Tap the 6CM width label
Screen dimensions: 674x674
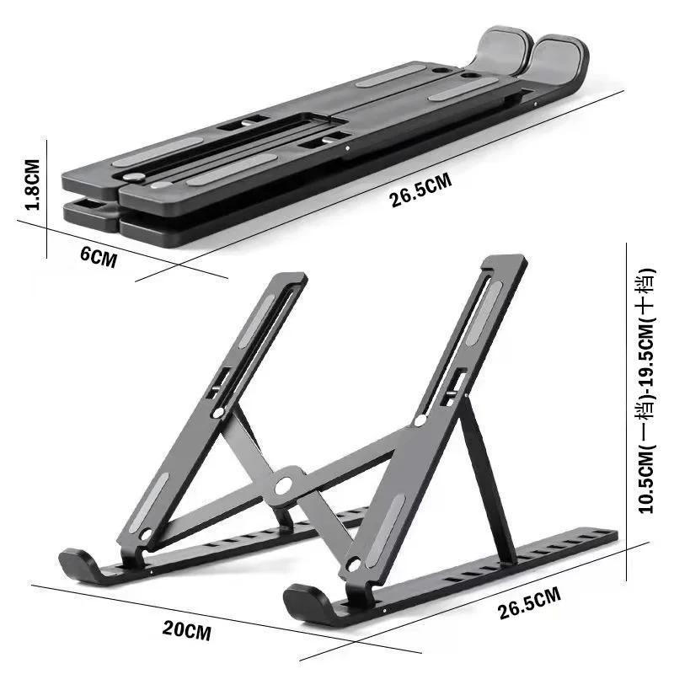coord(98,257)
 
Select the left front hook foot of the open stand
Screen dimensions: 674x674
coord(78,563)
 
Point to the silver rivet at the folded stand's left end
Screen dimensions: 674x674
coord(131,177)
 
